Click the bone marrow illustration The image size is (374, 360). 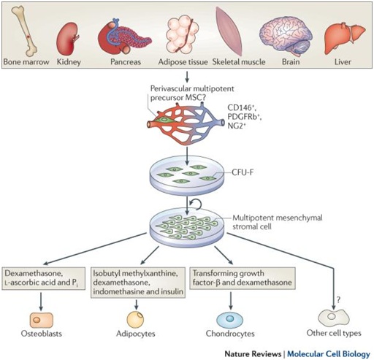coord(24,31)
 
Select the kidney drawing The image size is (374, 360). coord(67,39)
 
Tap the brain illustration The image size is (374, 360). coord(286,37)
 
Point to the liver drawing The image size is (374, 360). coord(344,38)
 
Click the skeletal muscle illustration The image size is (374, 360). coord(229,31)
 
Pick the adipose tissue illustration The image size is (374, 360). coord(182,34)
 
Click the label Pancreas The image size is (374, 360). coord(126,62)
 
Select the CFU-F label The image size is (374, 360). coord(243,172)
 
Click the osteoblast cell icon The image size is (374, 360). coord(41,320)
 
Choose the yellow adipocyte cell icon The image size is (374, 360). coord(135,320)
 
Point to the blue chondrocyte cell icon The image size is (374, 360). coord(229,319)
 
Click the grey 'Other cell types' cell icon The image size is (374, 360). coord(334,317)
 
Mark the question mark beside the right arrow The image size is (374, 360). coord(338,300)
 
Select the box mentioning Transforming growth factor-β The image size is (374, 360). coord(243,278)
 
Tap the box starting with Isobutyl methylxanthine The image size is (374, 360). coord(138,283)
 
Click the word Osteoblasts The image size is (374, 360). coord(42,334)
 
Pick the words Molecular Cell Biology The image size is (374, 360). coord(329,354)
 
